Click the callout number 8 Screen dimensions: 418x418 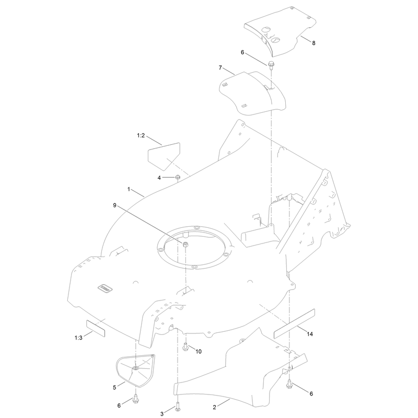313,43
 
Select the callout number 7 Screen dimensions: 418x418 220,68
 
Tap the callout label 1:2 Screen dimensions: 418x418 141,136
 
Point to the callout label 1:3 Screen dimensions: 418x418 78,338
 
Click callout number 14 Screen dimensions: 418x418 310,334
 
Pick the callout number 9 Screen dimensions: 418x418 114,205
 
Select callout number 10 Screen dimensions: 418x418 199,351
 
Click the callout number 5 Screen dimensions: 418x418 114,387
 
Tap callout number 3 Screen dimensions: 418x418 162,414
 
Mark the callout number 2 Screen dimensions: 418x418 214,408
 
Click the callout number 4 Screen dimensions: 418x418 159,178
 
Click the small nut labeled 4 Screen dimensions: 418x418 178,177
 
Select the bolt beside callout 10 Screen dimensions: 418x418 185,347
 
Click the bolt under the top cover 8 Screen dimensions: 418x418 271,64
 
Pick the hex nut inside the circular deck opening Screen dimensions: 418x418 186,244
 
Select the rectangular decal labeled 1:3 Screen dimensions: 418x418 96,329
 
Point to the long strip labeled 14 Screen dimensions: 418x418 294,323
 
